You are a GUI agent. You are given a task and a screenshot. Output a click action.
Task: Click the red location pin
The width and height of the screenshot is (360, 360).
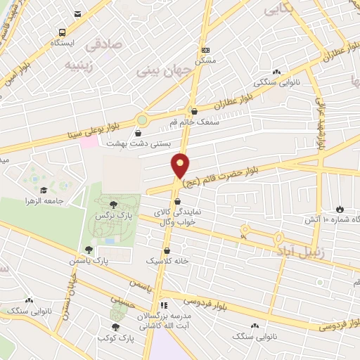click(181, 166)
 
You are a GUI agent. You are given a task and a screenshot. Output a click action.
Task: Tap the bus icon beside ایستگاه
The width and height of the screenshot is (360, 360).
click(63, 32)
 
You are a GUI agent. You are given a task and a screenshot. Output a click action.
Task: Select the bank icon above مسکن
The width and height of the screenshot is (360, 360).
click(205, 50)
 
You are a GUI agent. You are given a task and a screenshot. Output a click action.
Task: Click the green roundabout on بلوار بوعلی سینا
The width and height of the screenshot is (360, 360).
click(143, 121)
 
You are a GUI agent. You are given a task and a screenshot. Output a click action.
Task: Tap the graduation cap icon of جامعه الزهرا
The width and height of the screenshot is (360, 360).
click(44, 191)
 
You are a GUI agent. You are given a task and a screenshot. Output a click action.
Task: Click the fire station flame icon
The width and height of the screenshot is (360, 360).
click(340, 209)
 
